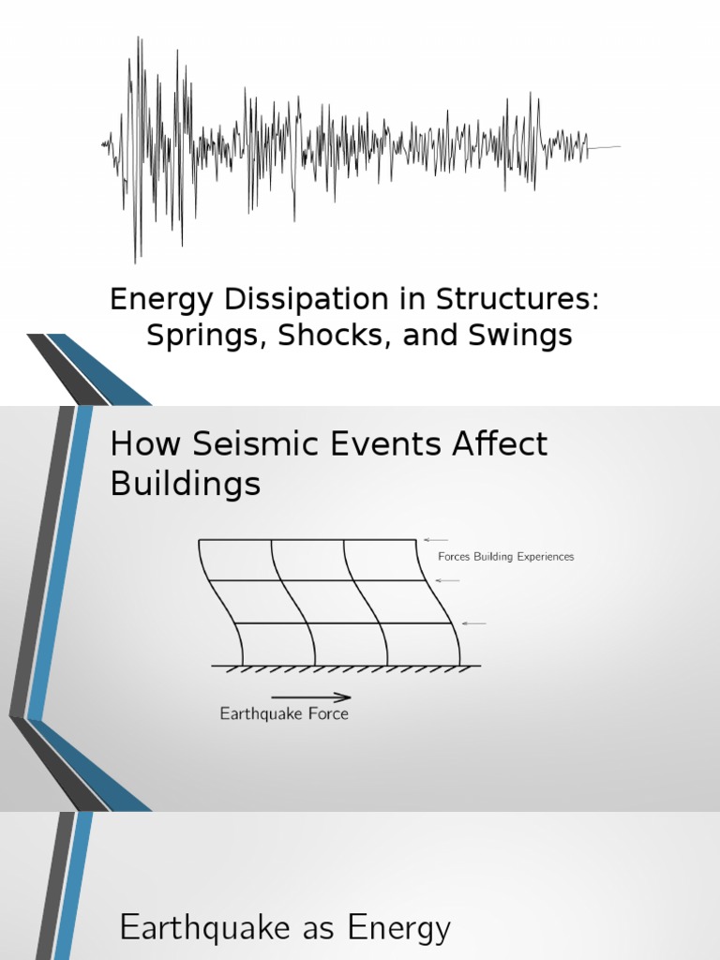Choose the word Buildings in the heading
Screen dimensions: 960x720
[185, 484]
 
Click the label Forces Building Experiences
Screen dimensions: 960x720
[505, 557]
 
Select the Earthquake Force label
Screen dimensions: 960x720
[284, 713]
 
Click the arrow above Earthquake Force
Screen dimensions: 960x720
[311, 697]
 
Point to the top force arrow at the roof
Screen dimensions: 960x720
[436, 539]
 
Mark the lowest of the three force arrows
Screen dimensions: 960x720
[474, 623]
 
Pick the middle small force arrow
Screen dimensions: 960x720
[448, 580]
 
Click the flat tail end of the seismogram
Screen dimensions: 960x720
[605, 147]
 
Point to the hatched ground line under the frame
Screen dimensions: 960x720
[346, 667]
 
